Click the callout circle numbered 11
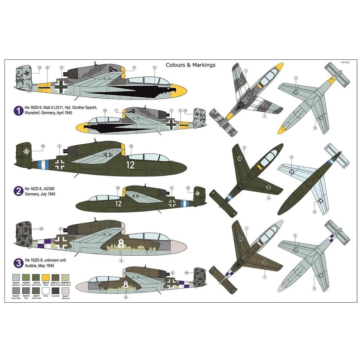[x=154, y=67]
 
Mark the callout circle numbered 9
[x=134, y=67]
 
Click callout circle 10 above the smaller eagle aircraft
[x=105, y=110]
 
